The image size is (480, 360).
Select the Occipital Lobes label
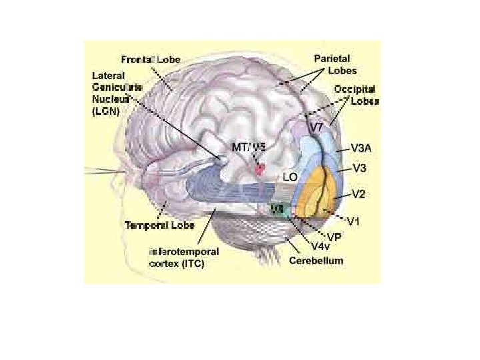[x=354, y=95]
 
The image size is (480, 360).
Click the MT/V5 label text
[x=247, y=147]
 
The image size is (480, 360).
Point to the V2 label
[x=358, y=195]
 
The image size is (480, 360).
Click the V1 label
[x=357, y=219]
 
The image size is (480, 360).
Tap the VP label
[x=334, y=237]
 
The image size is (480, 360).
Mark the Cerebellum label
[x=316, y=261]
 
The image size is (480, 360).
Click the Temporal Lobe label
[x=160, y=225]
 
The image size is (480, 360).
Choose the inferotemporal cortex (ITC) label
[x=175, y=257]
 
